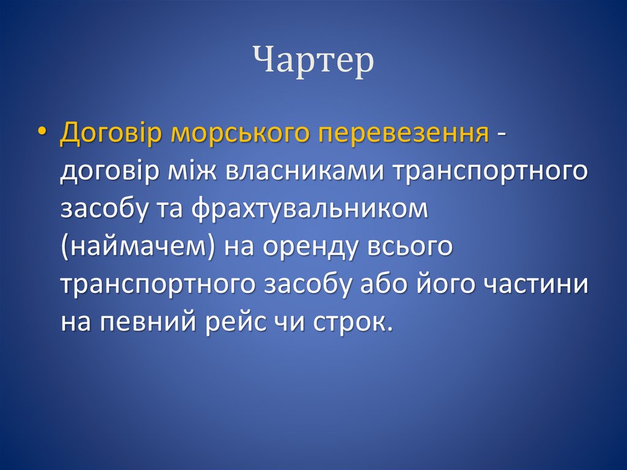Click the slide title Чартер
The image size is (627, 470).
pyautogui.click(x=313, y=62)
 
